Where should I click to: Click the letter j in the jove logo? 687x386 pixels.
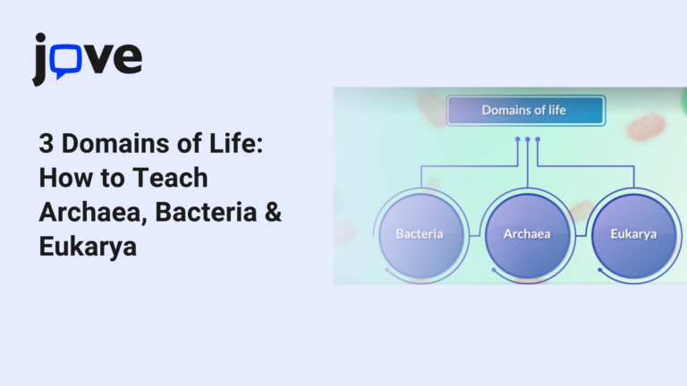tap(41, 60)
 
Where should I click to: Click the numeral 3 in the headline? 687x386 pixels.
tap(46, 143)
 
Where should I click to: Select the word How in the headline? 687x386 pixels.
tap(64, 178)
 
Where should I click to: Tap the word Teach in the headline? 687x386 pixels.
tap(170, 178)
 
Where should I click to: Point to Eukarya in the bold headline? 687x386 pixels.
tap(88, 248)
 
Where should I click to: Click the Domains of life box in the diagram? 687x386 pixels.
tap(525, 111)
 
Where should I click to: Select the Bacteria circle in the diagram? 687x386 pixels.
tap(420, 234)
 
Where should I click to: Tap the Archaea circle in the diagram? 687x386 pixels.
tap(527, 234)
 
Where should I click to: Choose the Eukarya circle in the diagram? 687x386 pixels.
tap(633, 234)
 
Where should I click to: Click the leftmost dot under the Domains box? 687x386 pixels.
tap(517, 139)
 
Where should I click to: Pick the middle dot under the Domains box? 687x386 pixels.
tap(527, 139)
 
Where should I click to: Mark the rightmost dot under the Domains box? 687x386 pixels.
tap(538, 139)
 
